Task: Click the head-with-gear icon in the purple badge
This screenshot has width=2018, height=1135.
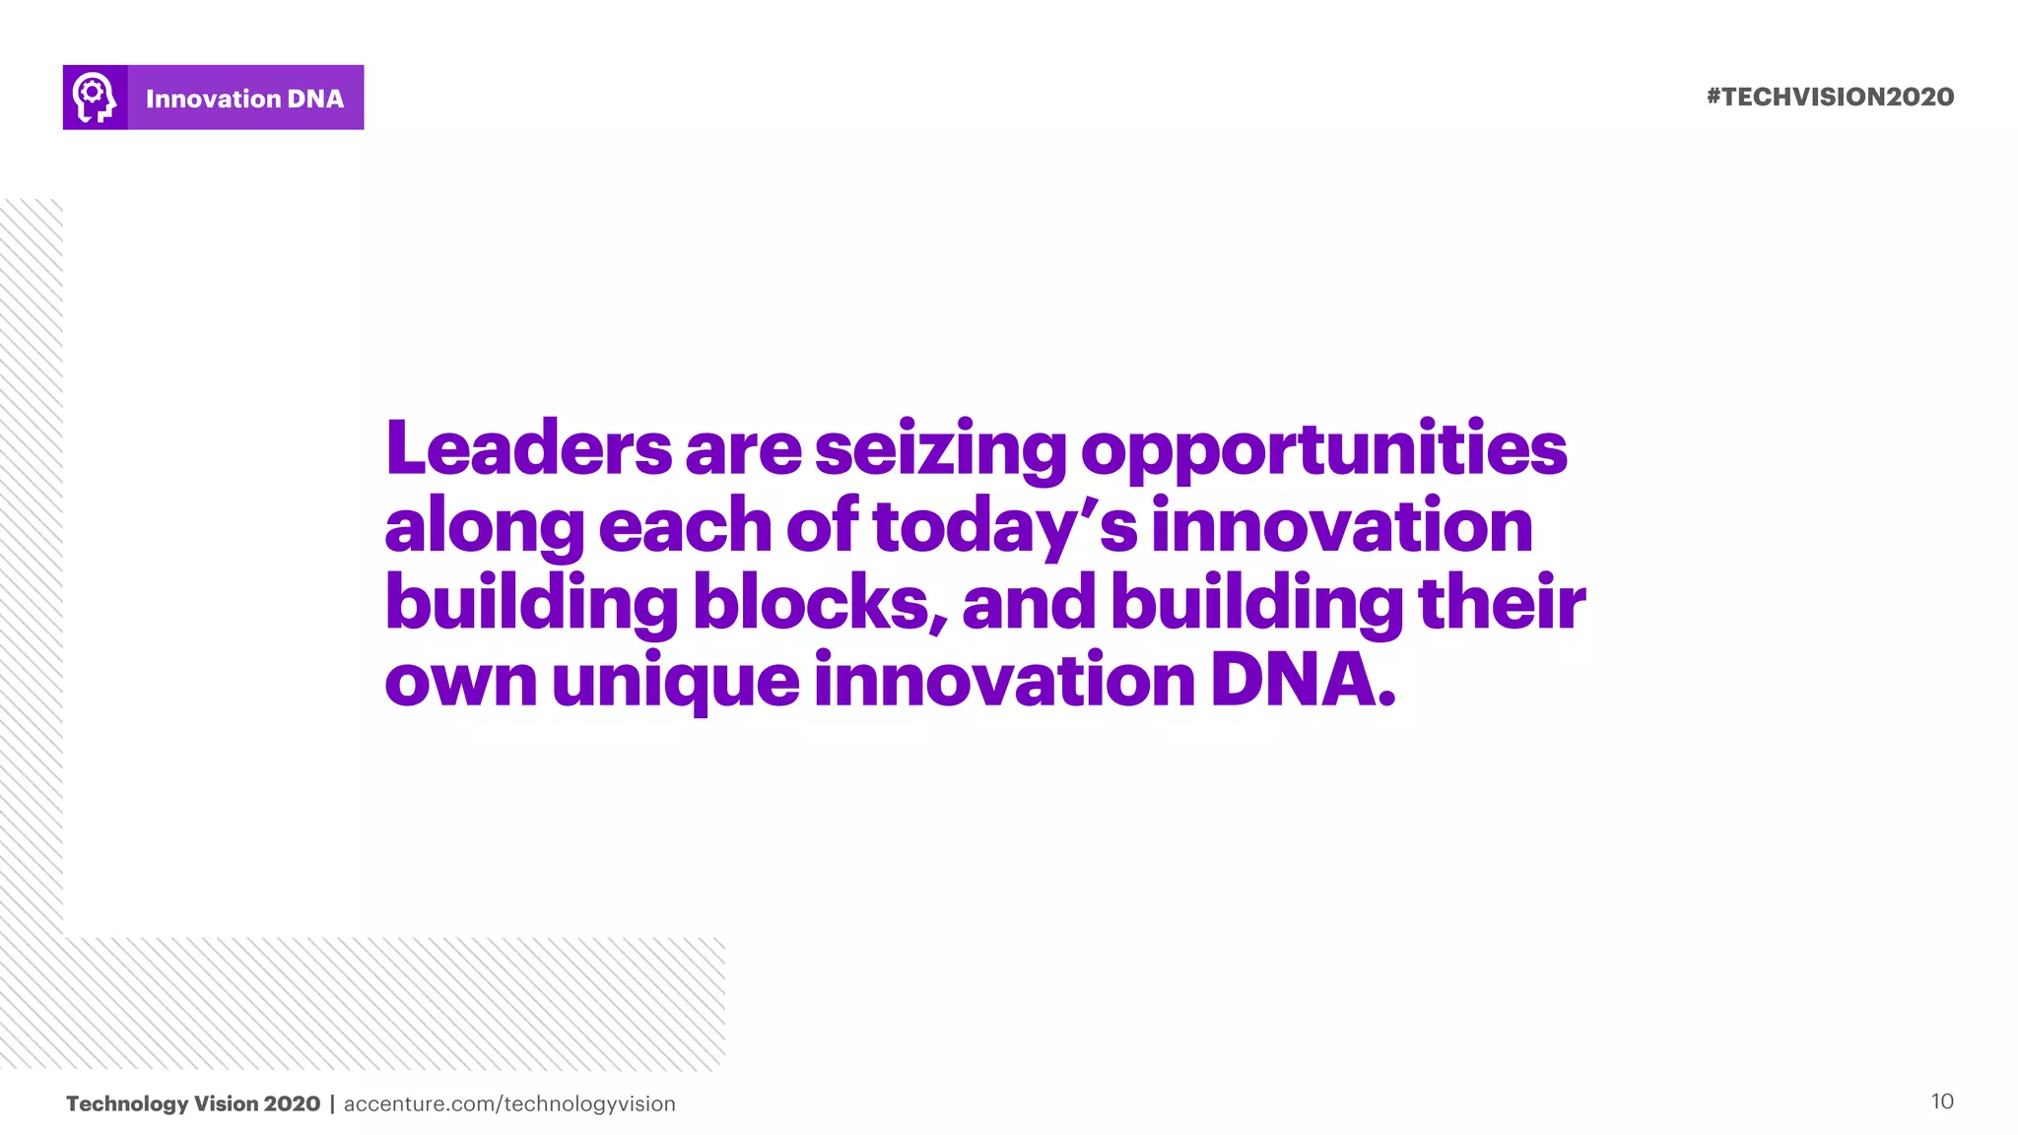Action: click(x=95, y=98)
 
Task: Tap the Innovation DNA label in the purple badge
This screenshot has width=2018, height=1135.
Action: click(x=244, y=99)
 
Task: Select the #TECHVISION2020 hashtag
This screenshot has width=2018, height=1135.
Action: click(x=1830, y=97)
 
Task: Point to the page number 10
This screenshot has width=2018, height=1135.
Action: click(x=1941, y=1101)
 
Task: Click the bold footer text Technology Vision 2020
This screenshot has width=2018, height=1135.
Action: click(x=193, y=1103)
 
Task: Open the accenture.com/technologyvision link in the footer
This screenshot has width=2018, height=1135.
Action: click(x=509, y=1103)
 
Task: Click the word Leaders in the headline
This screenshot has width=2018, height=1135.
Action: click(x=528, y=449)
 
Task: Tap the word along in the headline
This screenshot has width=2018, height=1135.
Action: click(x=484, y=528)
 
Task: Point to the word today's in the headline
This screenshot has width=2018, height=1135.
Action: click(x=1004, y=528)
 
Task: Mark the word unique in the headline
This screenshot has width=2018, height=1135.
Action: click(x=675, y=682)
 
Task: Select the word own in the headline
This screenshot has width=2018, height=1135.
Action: click(x=460, y=682)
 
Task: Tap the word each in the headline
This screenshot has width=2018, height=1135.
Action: click(x=685, y=526)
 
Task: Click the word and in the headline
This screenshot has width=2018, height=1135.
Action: click(x=1029, y=603)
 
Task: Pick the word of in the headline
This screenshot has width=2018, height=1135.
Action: click(x=823, y=526)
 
